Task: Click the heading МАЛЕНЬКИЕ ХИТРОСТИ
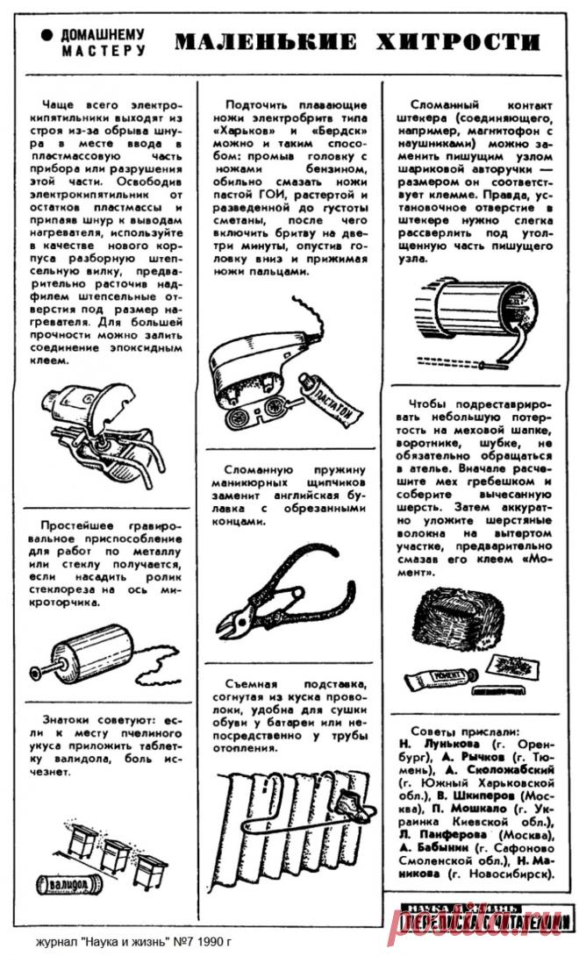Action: pos(356,42)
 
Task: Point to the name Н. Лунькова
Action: pos(439,743)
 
